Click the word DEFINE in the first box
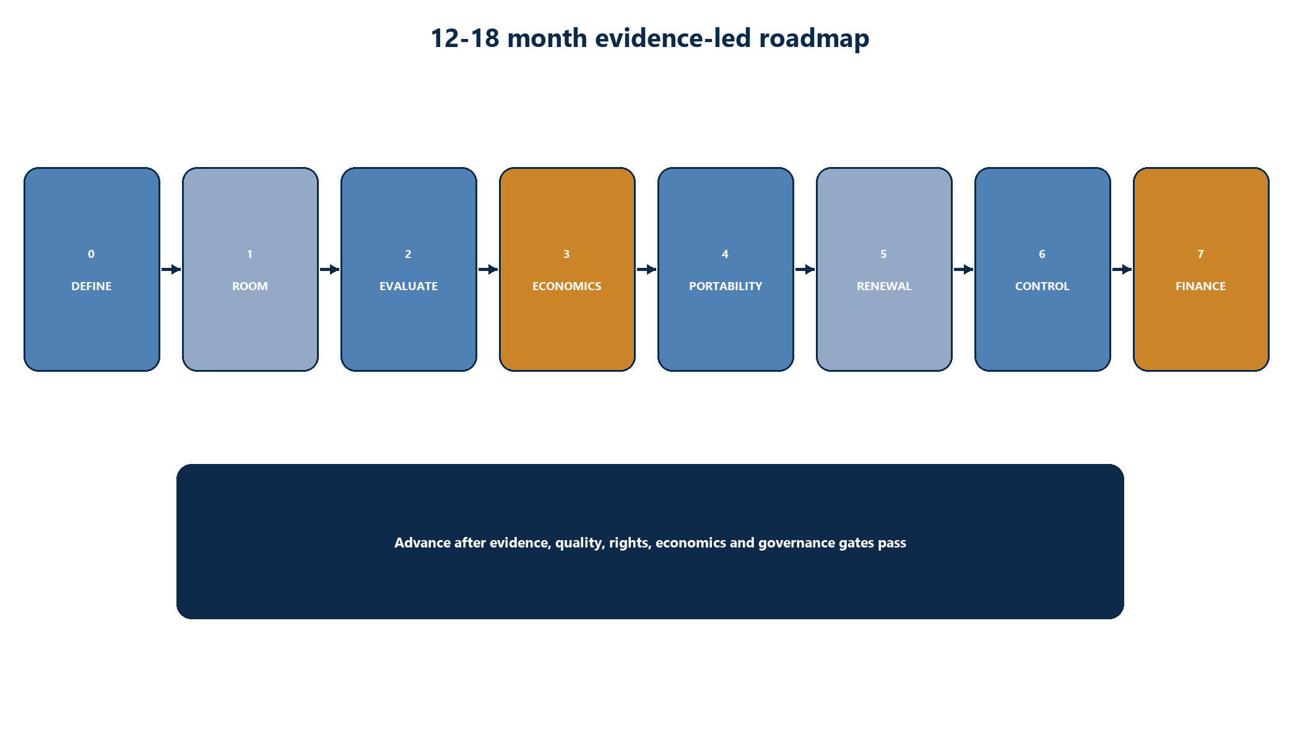(x=92, y=286)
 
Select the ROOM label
(x=250, y=286)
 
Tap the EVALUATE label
(x=409, y=286)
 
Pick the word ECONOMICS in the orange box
(x=567, y=286)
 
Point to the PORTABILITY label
(x=726, y=286)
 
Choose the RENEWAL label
(x=884, y=286)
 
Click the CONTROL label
(x=1042, y=286)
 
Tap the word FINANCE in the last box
(x=1201, y=286)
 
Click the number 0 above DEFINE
(x=92, y=254)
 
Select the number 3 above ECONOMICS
(x=566, y=254)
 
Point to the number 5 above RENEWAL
(x=883, y=254)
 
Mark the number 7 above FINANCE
(x=1200, y=254)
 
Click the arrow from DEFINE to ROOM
(x=171, y=269)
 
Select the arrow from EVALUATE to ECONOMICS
(x=488, y=269)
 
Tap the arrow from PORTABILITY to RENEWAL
(x=805, y=269)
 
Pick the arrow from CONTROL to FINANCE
(x=1122, y=269)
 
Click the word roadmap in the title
(x=814, y=38)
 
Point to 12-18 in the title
(x=465, y=38)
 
